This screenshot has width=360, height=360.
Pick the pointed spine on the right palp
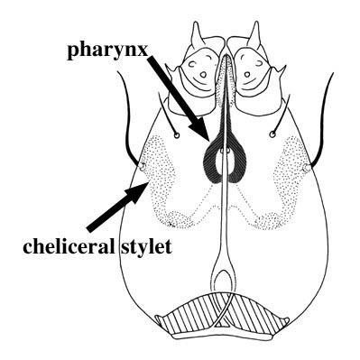(x=261, y=33)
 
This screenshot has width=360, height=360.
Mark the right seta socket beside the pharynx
(x=272, y=135)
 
